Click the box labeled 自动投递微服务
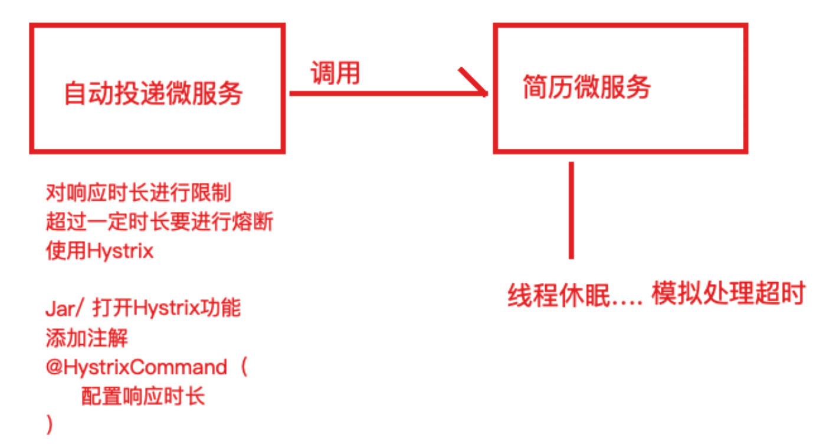click(157, 88)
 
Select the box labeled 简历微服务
click(621, 88)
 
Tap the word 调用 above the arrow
click(335, 74)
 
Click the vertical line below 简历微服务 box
click(571, 211)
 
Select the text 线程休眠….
click(575, 294)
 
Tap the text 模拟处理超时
click(728, 293)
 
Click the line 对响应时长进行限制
click(138, 193)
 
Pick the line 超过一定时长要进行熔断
click(159, 222)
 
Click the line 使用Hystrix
click(99, 251)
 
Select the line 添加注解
click(86, 338)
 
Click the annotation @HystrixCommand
click(136, 367)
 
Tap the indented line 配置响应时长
click(143, 396)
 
